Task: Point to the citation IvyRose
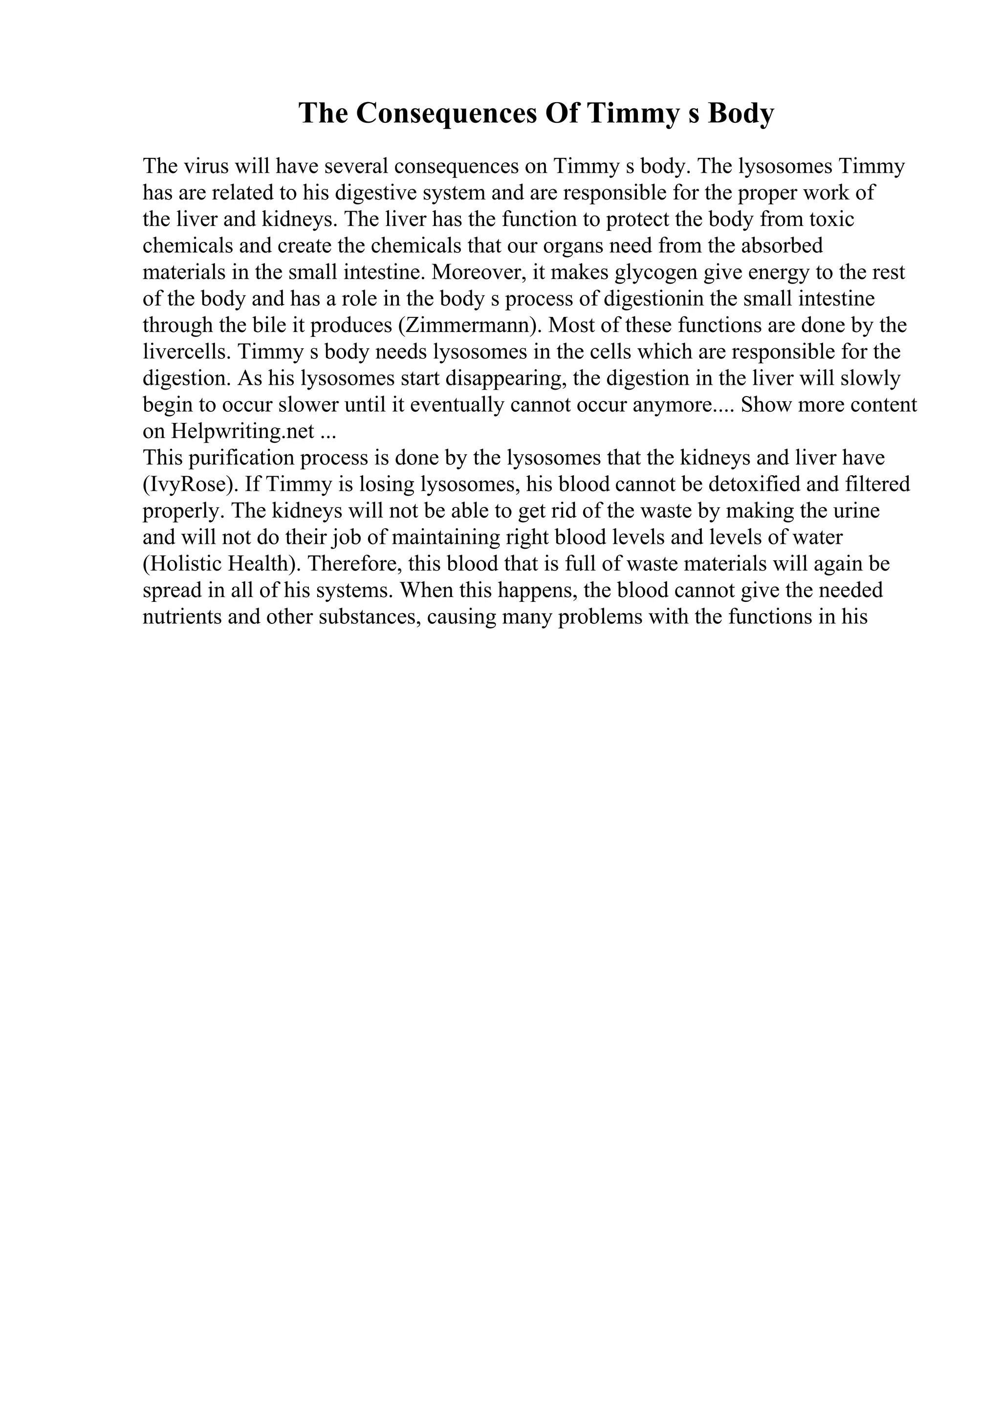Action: (x=191, y=485)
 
